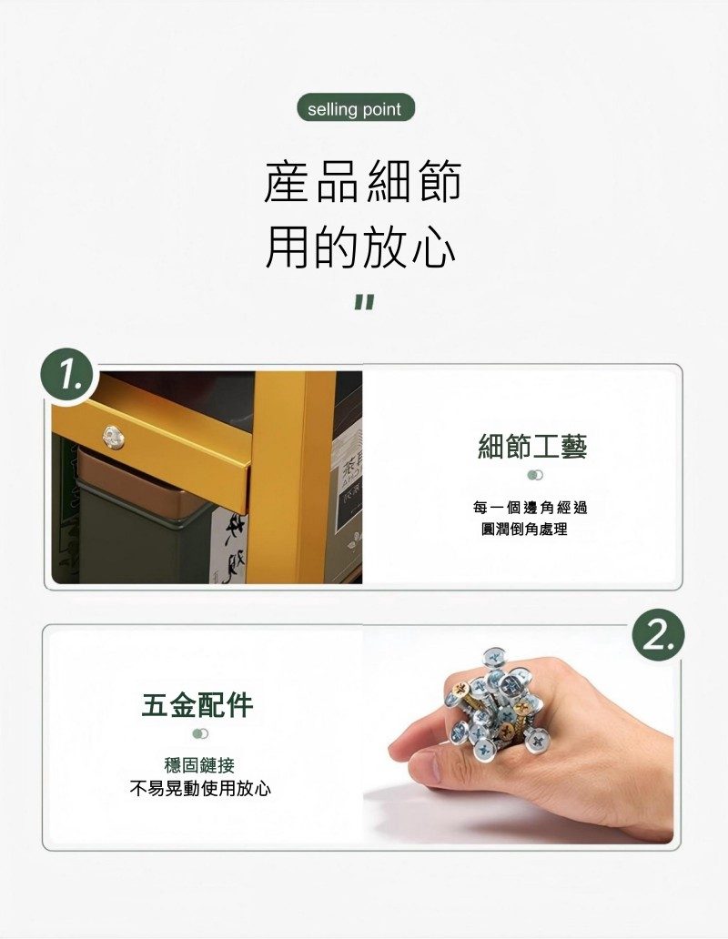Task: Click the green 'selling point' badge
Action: [356, 108]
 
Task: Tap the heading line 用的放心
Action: [361, 247]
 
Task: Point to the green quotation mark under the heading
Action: [363, 302]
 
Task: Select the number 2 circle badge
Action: [657, 638]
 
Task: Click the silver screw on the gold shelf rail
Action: [114, 437]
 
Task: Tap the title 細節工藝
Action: [532, 447]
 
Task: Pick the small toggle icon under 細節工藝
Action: [535, 475]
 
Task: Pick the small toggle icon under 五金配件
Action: [200, 733]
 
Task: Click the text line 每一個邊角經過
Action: [530, 508]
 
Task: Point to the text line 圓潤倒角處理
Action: [524, 530]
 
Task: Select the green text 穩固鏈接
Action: [198, 764]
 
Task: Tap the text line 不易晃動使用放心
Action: [200, 788]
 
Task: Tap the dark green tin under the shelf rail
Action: [144, 527]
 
